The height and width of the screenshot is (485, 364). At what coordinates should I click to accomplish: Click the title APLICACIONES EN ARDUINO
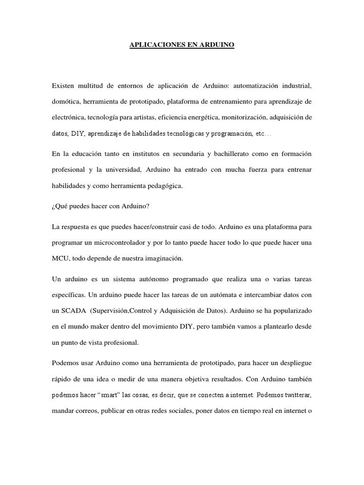point(182,46)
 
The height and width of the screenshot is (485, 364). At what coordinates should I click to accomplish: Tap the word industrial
point(294,86)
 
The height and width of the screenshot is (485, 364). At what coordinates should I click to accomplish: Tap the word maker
point(101,326)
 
